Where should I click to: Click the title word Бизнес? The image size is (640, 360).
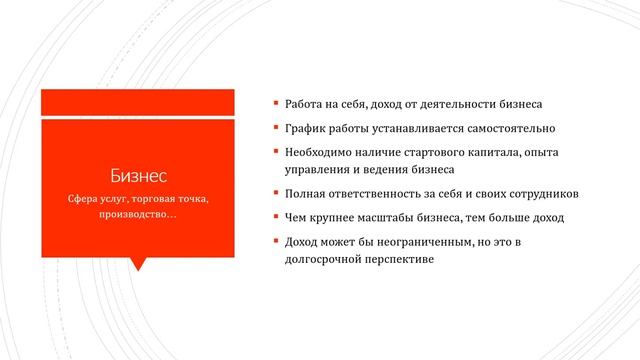pyautogui.click(x=138, y=177)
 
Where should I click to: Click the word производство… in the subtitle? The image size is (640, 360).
pyautogui.click(x=138, y=217)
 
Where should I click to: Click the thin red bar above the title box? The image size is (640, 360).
pyautogui.click(x=138, y=100)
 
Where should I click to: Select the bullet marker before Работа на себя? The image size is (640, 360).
pyautogui.click(x=276, y=103)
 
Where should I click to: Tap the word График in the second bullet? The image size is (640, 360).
pyautogui.click(x=307, y=129)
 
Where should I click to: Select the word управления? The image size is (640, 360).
pyautogui.click(x=320, y=170)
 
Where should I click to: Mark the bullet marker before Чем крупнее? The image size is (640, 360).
pyautogui.click(x=276, y=216)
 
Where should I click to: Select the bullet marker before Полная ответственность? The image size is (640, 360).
pyautogui.click(x=276, y=192)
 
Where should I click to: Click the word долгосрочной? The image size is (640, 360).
pyautogui.click(x=322, y=259)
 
